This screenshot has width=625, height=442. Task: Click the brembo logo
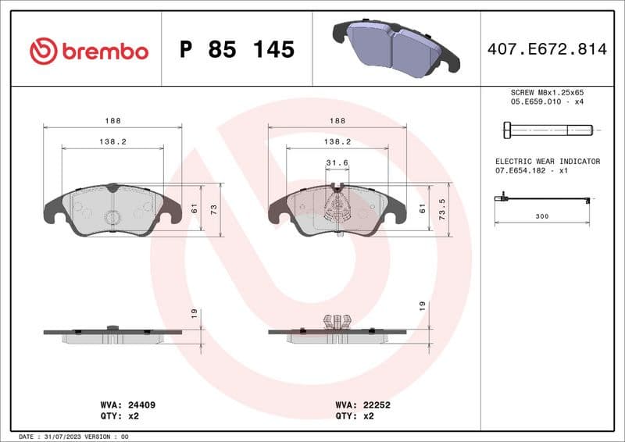88,51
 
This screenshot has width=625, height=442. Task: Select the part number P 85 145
237,50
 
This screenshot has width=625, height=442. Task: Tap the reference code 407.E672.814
546,49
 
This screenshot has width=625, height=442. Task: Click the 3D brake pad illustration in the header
395,47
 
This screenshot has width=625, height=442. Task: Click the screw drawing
544,129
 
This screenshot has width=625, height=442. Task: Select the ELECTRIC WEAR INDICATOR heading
547,161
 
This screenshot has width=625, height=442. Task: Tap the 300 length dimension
541,215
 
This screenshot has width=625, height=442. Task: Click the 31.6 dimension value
337,162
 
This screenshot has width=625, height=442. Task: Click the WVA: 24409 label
127,405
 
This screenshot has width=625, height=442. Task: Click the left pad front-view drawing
112,209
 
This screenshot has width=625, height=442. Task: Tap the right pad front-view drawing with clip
337,209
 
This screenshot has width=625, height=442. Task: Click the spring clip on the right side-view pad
337,322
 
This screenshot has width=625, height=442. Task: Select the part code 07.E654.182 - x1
530,170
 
